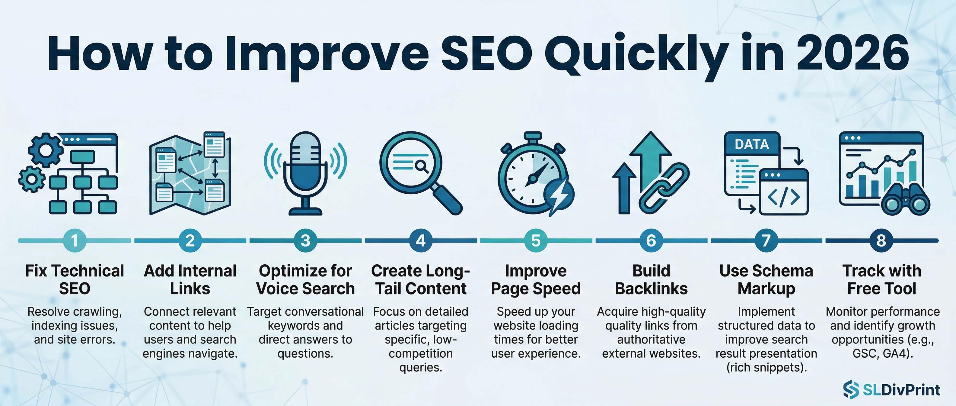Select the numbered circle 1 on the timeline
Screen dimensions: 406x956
[75, 240]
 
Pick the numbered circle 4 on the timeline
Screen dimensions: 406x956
[420, 240]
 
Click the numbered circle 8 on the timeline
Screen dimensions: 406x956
[881, 240]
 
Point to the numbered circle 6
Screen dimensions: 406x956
[651, 240]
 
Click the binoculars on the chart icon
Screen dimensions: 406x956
[905, 201]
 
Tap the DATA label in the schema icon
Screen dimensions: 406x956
[751, 144]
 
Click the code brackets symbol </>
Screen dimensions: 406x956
[783, 198]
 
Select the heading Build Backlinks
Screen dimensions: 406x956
[651, 280]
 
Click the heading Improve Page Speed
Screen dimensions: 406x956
[536, 280]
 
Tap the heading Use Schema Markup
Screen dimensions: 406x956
[766, 280]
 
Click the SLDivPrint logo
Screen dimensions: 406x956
[891, 389]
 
